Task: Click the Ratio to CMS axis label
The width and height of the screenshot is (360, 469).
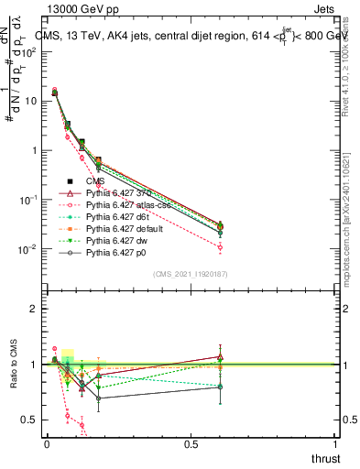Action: tap(14, 365)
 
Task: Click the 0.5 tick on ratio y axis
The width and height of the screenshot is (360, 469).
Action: tap(27, 420)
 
